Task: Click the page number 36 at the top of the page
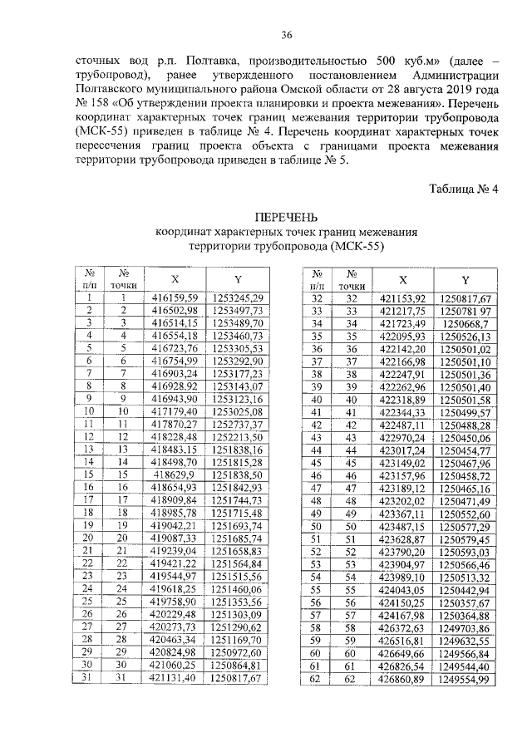286,34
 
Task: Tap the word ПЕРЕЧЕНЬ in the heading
286,218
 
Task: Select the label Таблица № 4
463,189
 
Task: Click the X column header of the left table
174,278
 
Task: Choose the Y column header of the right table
465,279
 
